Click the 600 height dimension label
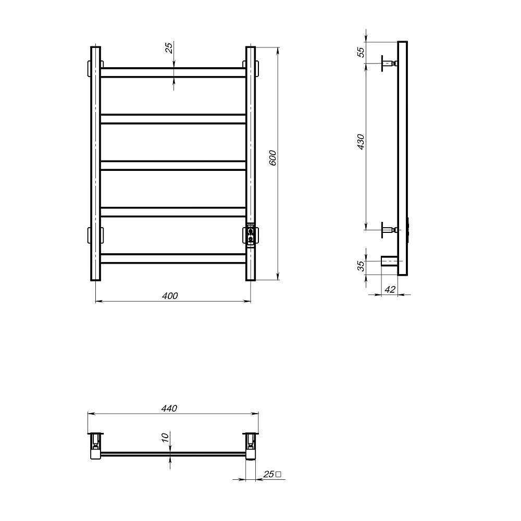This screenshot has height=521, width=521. (x=272, y=158)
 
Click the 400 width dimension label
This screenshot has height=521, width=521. (x=170, y=296)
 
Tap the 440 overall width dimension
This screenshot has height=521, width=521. (x=169, y=408)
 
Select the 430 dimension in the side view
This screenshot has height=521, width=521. (x=361, y=142)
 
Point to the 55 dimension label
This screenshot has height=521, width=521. (x=361, y=52)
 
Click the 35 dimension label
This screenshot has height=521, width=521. (x=361, y=266)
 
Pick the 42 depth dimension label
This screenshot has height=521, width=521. (x=390, y=289)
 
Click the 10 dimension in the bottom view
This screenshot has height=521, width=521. (x=165, y=437)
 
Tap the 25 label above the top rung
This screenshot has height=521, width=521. (x=169, y=48)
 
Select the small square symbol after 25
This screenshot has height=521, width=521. (x=278, y=474)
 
